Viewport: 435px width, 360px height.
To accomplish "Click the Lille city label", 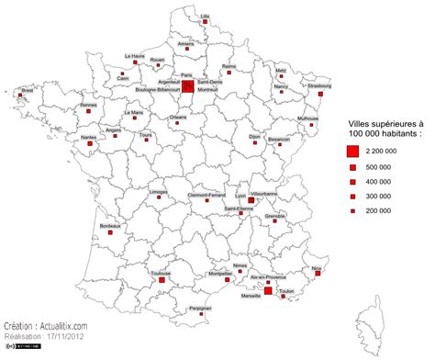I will pyautogui.click(x=205, y=16).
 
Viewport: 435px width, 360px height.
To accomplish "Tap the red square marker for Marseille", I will pyautogui.click(x=268, y=291).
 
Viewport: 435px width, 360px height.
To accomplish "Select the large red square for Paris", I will pyautogui.click(x=187, y=87).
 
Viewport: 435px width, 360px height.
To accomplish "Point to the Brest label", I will pyautogui.click(x=27, y=90).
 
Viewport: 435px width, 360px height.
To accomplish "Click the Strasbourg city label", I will pyautogui.click(x=319, y=85).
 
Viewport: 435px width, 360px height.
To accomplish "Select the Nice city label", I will pyautogui.click(x=317, y=268).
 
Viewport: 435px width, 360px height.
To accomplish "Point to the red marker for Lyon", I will pyautogui.click(x=251, y=199).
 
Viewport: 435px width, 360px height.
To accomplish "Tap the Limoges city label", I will pyautogui.click(x=158, y=192).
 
